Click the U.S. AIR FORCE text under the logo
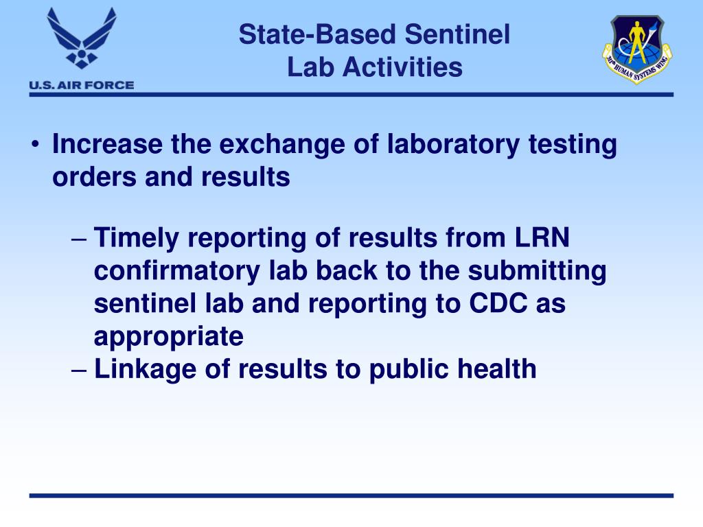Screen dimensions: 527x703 (81, 85)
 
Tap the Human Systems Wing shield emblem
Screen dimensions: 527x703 (637, 49)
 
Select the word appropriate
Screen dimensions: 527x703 (168, 337)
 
